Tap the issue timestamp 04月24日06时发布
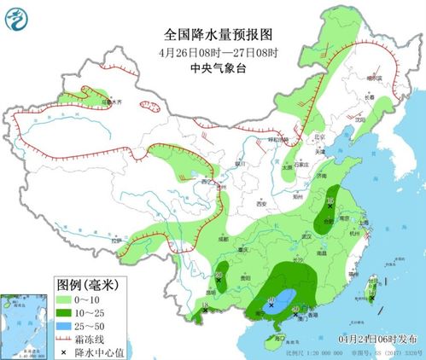(372, 340)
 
